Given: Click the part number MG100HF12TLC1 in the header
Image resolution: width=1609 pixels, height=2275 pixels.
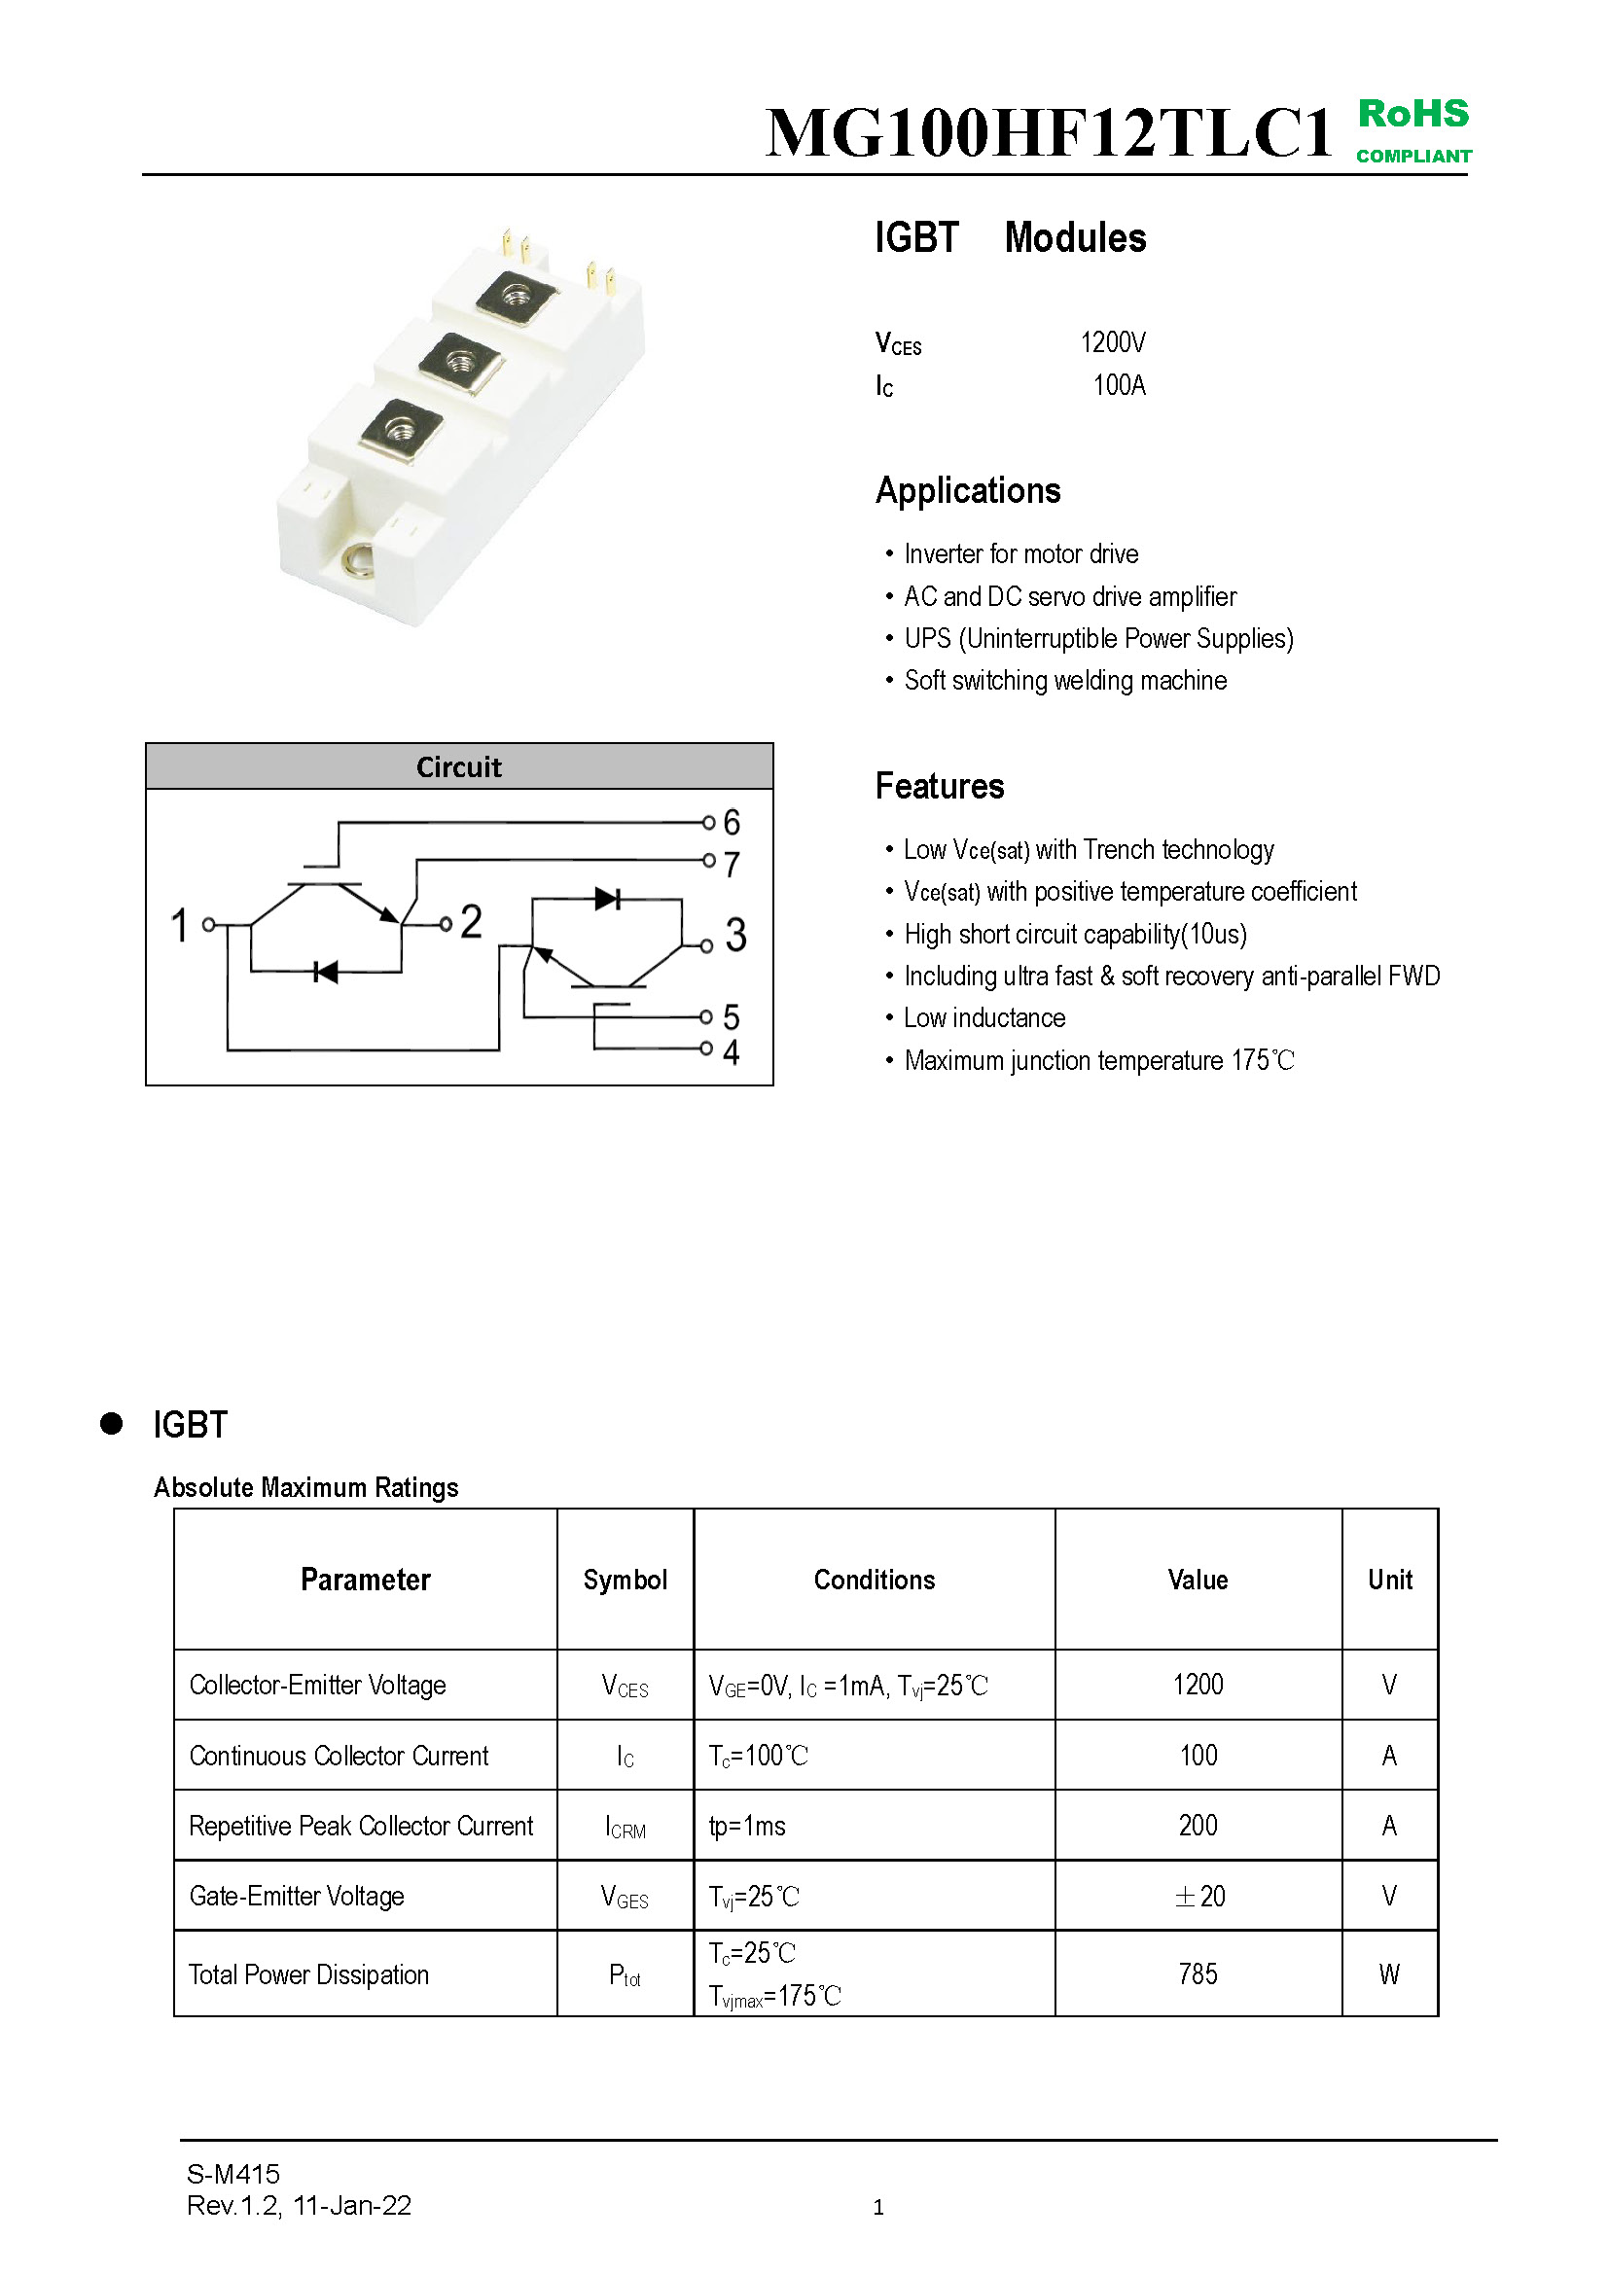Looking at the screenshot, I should pyautogui.click(x=1049, y=133).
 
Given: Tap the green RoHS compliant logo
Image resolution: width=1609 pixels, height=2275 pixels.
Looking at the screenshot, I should pyautogui.click(x=1412, y=129).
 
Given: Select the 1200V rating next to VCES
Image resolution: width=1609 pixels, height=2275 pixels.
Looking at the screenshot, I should pyautogui.click(x=1113, y=342).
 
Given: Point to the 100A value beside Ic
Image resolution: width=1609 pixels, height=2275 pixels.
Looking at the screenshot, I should pyautogui.click(x=1119, y=385).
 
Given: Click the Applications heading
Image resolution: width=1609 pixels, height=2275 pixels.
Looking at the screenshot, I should pyautogui.click(x=968, y=491).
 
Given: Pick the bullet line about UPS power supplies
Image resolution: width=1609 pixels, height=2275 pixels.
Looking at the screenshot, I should pyautogui.click(x=1097, y=639).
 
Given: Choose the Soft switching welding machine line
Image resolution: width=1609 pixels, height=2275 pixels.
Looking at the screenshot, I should pyautogui.click(x=1065, y=681).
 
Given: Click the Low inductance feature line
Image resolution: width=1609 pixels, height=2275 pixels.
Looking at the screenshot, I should pyautogui.click(x=983, y=1018).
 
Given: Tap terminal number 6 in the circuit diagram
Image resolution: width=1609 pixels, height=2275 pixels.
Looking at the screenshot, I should pyautogui.click(x=732, y=823).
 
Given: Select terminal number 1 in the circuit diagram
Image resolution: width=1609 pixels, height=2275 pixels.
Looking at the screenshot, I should pyautogui.click(x=179, y=924).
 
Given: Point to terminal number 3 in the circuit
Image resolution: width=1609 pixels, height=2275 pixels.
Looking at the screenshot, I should pyautogui.click(x=735, y=936).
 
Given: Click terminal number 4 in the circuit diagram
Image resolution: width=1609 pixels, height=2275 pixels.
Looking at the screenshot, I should pyautogui.click(x=732, y=1052).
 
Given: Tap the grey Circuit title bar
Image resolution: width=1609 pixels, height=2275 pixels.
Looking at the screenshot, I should pyautogui.click(x=459, y=766).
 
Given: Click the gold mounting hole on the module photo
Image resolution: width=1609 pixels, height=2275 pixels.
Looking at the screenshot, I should pyautogui.click(x=358, y=562).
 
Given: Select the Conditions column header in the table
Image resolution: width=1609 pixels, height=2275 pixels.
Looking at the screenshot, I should pyautogui.click(x=874, y=1580).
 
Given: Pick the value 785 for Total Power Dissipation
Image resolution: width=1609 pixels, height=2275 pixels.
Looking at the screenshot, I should pyautogui.click(x=1198, y=1973).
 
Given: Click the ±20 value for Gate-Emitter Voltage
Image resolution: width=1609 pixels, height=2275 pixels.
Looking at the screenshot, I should pyautogui.click(x=1198, y=1897).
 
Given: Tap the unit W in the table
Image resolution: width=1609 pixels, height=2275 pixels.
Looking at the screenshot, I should pyautogui.click(x=1389, y=1974).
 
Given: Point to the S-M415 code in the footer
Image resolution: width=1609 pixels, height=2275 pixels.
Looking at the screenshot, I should pyautogui.click(x=232, y=2174).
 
